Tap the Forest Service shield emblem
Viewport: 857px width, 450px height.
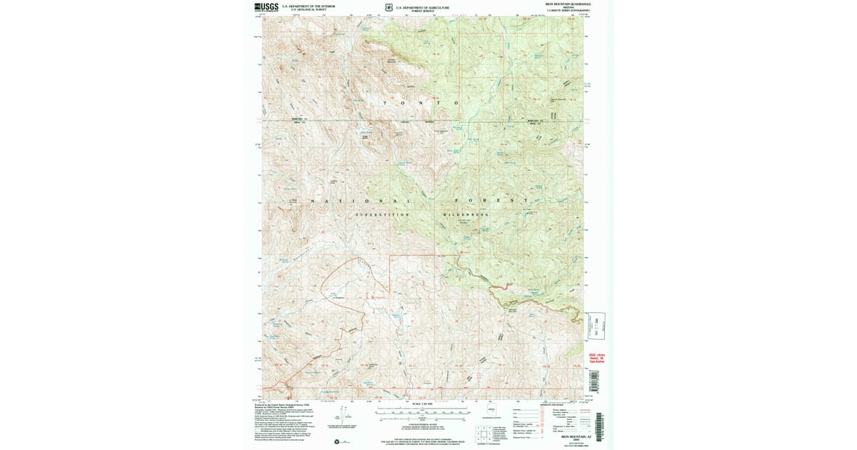(x=389, y=8)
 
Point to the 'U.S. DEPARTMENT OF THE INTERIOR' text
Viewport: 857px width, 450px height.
(x=305, y=6)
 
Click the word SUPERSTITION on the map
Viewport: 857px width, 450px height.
(x=383, y=214)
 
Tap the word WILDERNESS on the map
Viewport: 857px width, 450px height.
(x=465, y=214)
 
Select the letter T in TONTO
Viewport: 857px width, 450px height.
(x=386, y=104)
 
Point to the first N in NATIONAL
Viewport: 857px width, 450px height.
(x=312, y=201)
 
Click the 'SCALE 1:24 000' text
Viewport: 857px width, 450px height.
(x=424, y=405)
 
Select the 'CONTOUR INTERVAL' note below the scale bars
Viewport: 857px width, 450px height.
(x=424, y=423)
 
